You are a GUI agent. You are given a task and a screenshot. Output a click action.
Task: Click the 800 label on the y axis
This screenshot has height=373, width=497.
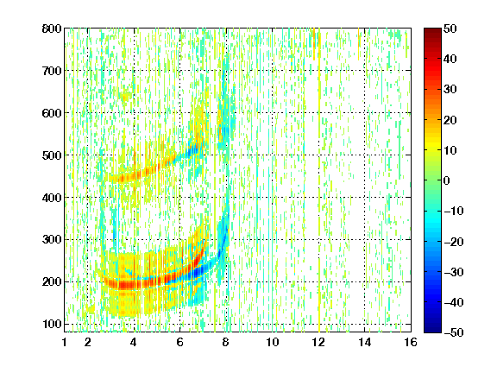pyautogui.click(x=52, y=28)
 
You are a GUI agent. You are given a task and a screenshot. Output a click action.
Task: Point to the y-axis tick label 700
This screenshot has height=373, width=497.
pyautogui.click(x=52, y=71)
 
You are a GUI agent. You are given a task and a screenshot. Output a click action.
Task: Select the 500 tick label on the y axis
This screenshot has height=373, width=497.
pyautogui.click(x=52, y=155)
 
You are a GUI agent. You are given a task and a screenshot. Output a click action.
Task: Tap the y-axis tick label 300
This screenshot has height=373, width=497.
pyautogui.click(x=52, y=240)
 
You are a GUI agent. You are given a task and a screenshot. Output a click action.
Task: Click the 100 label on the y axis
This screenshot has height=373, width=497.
pyautogui.click(x=52, y=324)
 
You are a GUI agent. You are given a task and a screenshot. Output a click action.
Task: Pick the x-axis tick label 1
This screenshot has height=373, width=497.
pyautogui.click(x=65, y=342)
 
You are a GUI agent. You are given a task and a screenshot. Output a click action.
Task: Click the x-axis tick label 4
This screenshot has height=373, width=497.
pyautogui.click(x=134, y=342)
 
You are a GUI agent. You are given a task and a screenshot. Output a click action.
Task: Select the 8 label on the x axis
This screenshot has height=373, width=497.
pyautogui.click(x=226, y=342)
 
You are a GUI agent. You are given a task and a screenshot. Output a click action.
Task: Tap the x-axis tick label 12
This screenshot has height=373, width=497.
pyautogui.click(x=318, y=342)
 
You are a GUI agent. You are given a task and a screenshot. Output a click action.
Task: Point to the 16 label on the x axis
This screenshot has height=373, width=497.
pyautogui.click(x=411, y=342)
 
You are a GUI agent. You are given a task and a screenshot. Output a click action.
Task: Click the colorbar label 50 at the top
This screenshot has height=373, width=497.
pyautogui.click(x=450, y=28)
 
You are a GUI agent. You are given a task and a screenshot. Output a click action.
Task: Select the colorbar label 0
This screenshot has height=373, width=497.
pyautogui.click(x=446, y=180)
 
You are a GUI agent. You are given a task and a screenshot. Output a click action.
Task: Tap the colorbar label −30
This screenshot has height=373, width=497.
pyautogui.click(x=454, y=272)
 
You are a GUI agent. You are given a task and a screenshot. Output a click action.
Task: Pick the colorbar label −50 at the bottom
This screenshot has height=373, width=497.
pyautogui.click(x=454, y=332)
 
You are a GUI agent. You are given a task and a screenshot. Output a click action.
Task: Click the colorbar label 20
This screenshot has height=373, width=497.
pyautogui.click(x=450, y=120)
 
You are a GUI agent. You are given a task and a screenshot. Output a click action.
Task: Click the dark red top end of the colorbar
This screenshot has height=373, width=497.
pyautogui.click(x=432, y=30)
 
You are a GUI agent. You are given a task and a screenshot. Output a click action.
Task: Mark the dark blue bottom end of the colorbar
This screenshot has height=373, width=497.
pyautogui.click(x=432, y=331)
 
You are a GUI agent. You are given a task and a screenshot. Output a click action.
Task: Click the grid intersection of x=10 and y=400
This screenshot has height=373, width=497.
pyautogui.click(x=273, y=197)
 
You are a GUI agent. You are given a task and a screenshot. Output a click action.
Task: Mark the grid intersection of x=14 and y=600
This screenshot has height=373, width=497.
pyautogui.click(x=364, y=113)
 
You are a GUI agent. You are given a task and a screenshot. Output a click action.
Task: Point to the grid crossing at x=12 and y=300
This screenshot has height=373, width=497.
pyautogui.click(x=318, y=239)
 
